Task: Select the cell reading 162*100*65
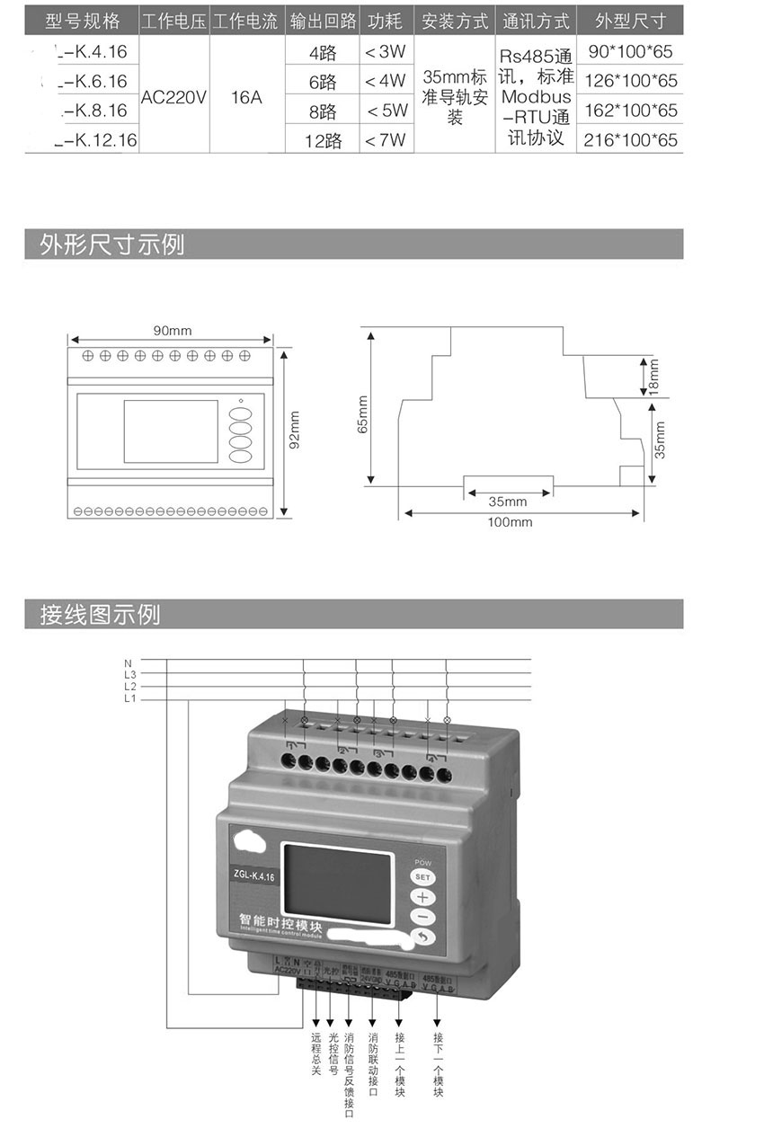pyautogui.click(x=630, y=111)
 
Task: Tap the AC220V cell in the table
pyautogui.click(x=173, y=95)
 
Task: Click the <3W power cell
pyautogui.click(x=386, y=53)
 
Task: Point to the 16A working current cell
pyautogui.click(x=246, y=95)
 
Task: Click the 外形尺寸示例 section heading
pyautogui.click(x=111, y=244)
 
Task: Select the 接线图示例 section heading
pyautogui.click(x=100, y=615)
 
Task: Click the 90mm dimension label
pyautogui.click(x=172, y=331)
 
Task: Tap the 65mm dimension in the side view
pyautogui.click(x=363, y=413)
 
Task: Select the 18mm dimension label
pyautogui.click(x=654, y=376)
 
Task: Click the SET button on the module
pyautogui.click(x=423, y=877)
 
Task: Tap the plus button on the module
pyautogui.click(x=423, y=897)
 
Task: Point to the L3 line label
pyautogui.click(x=129, y=673)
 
